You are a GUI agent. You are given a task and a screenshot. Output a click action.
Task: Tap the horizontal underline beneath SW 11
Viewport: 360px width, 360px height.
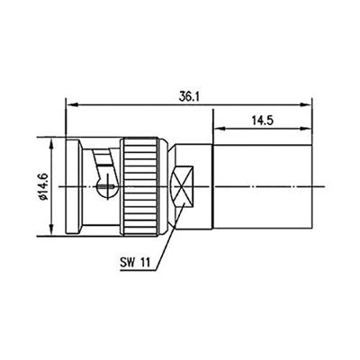click(x=135, y=270)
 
